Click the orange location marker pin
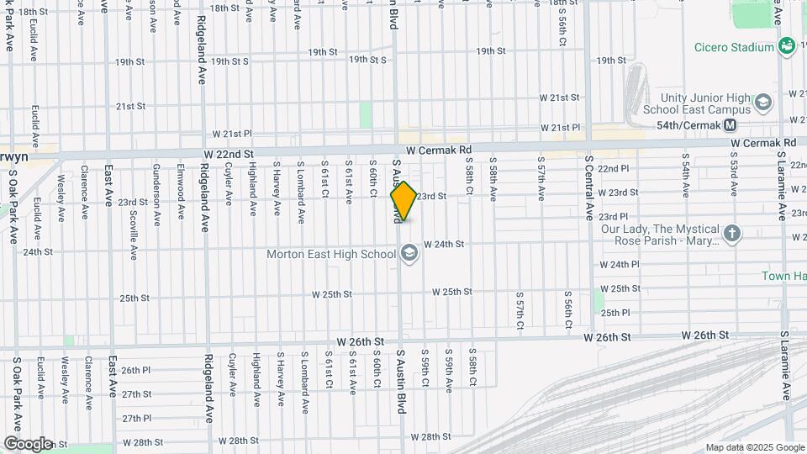click(x=403, y=202)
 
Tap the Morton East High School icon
click(x=409, y=253)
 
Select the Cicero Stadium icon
click(x=787, y=45)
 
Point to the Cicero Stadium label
click(x=734, y=47)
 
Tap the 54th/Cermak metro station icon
click(x=730, y=125)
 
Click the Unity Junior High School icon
click(x=763, y=103)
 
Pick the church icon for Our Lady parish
click(x=733, y=234)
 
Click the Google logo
click(x=28, y=443)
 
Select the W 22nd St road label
click(x=228, y=155)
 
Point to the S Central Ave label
click(x=589, y=182)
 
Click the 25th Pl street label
click(x=615, y=313)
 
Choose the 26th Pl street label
click(x=135, y=370)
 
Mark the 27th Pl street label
click(x=135, y=418)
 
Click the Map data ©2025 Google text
click(x=753, y=447)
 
